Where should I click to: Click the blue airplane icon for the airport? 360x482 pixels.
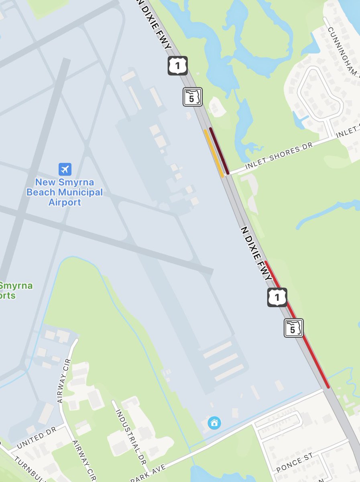click(64, 169)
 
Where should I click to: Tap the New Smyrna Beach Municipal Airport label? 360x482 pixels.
click(65, 192)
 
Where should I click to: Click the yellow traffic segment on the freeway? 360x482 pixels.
click(214, 153)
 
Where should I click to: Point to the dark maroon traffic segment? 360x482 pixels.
click(219, 151)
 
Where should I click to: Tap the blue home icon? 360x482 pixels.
click(214, 423)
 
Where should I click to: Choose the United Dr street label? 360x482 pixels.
click(36, 440)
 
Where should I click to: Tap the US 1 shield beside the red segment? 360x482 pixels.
click(277, 298)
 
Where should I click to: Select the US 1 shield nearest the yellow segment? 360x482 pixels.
click(177, 66)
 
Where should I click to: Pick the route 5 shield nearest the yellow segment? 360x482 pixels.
click(193, 97)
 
